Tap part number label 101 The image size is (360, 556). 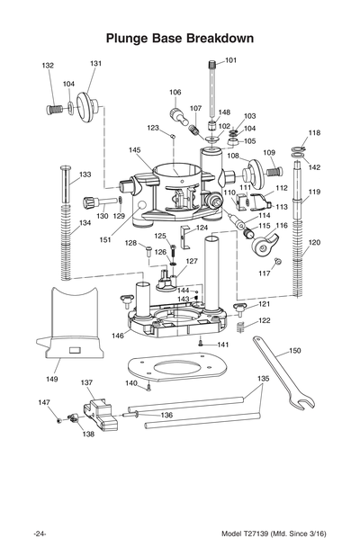[230, 60]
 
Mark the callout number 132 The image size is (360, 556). [48, 66]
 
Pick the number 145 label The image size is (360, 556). [134, 150]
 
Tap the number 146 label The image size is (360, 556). [118, 335]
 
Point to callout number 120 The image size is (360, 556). [314, 243]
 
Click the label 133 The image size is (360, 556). [85, 175]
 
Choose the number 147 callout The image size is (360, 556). [43, 402]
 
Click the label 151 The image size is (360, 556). [104, 239]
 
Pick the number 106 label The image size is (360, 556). [175, 92]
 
